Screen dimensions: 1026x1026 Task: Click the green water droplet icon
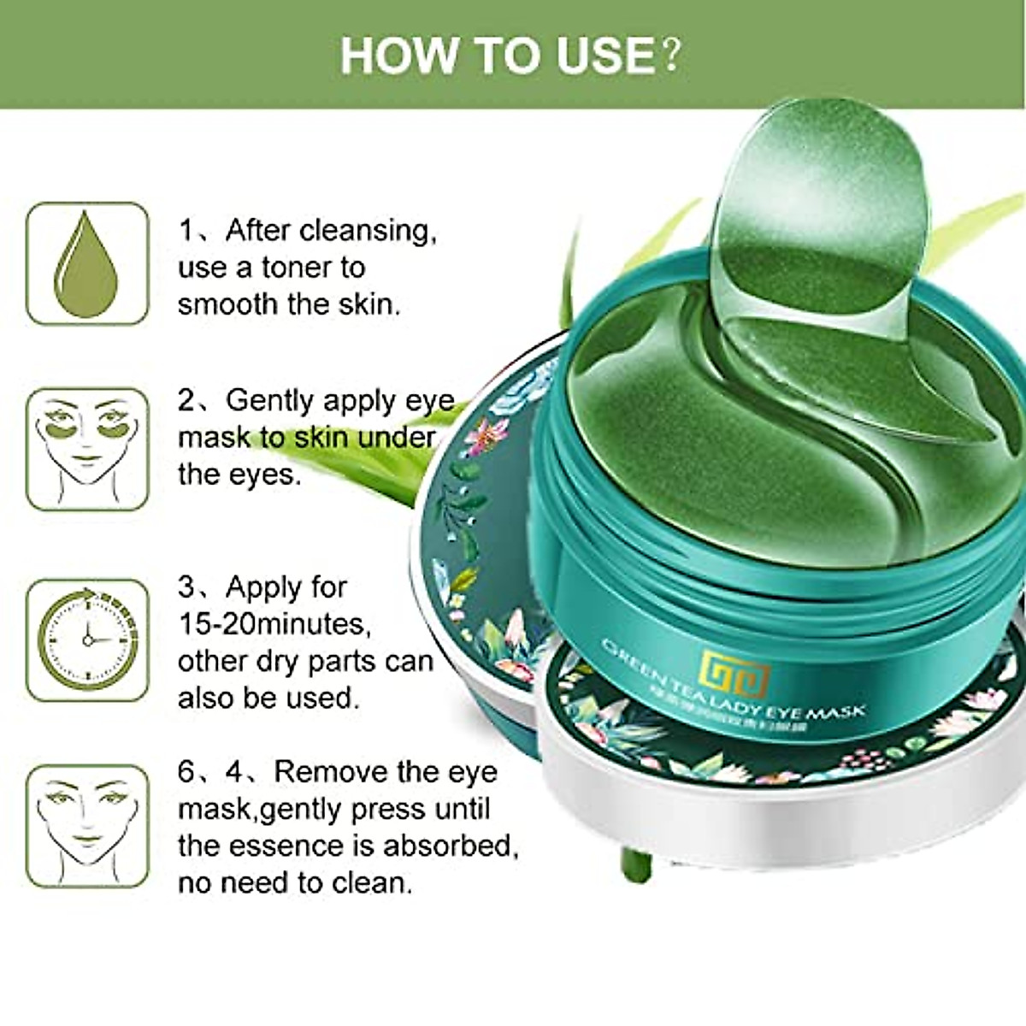click(x=87, y=264)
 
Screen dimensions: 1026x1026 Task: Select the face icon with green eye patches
click(x=87, y=449)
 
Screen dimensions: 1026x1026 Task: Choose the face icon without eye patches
click(x=87, y=825)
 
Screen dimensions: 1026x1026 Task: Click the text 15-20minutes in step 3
click(x=274, y=624)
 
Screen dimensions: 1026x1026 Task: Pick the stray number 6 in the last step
click(x=186, y=772)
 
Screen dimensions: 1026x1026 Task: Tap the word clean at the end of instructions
click(x=374, y=882)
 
